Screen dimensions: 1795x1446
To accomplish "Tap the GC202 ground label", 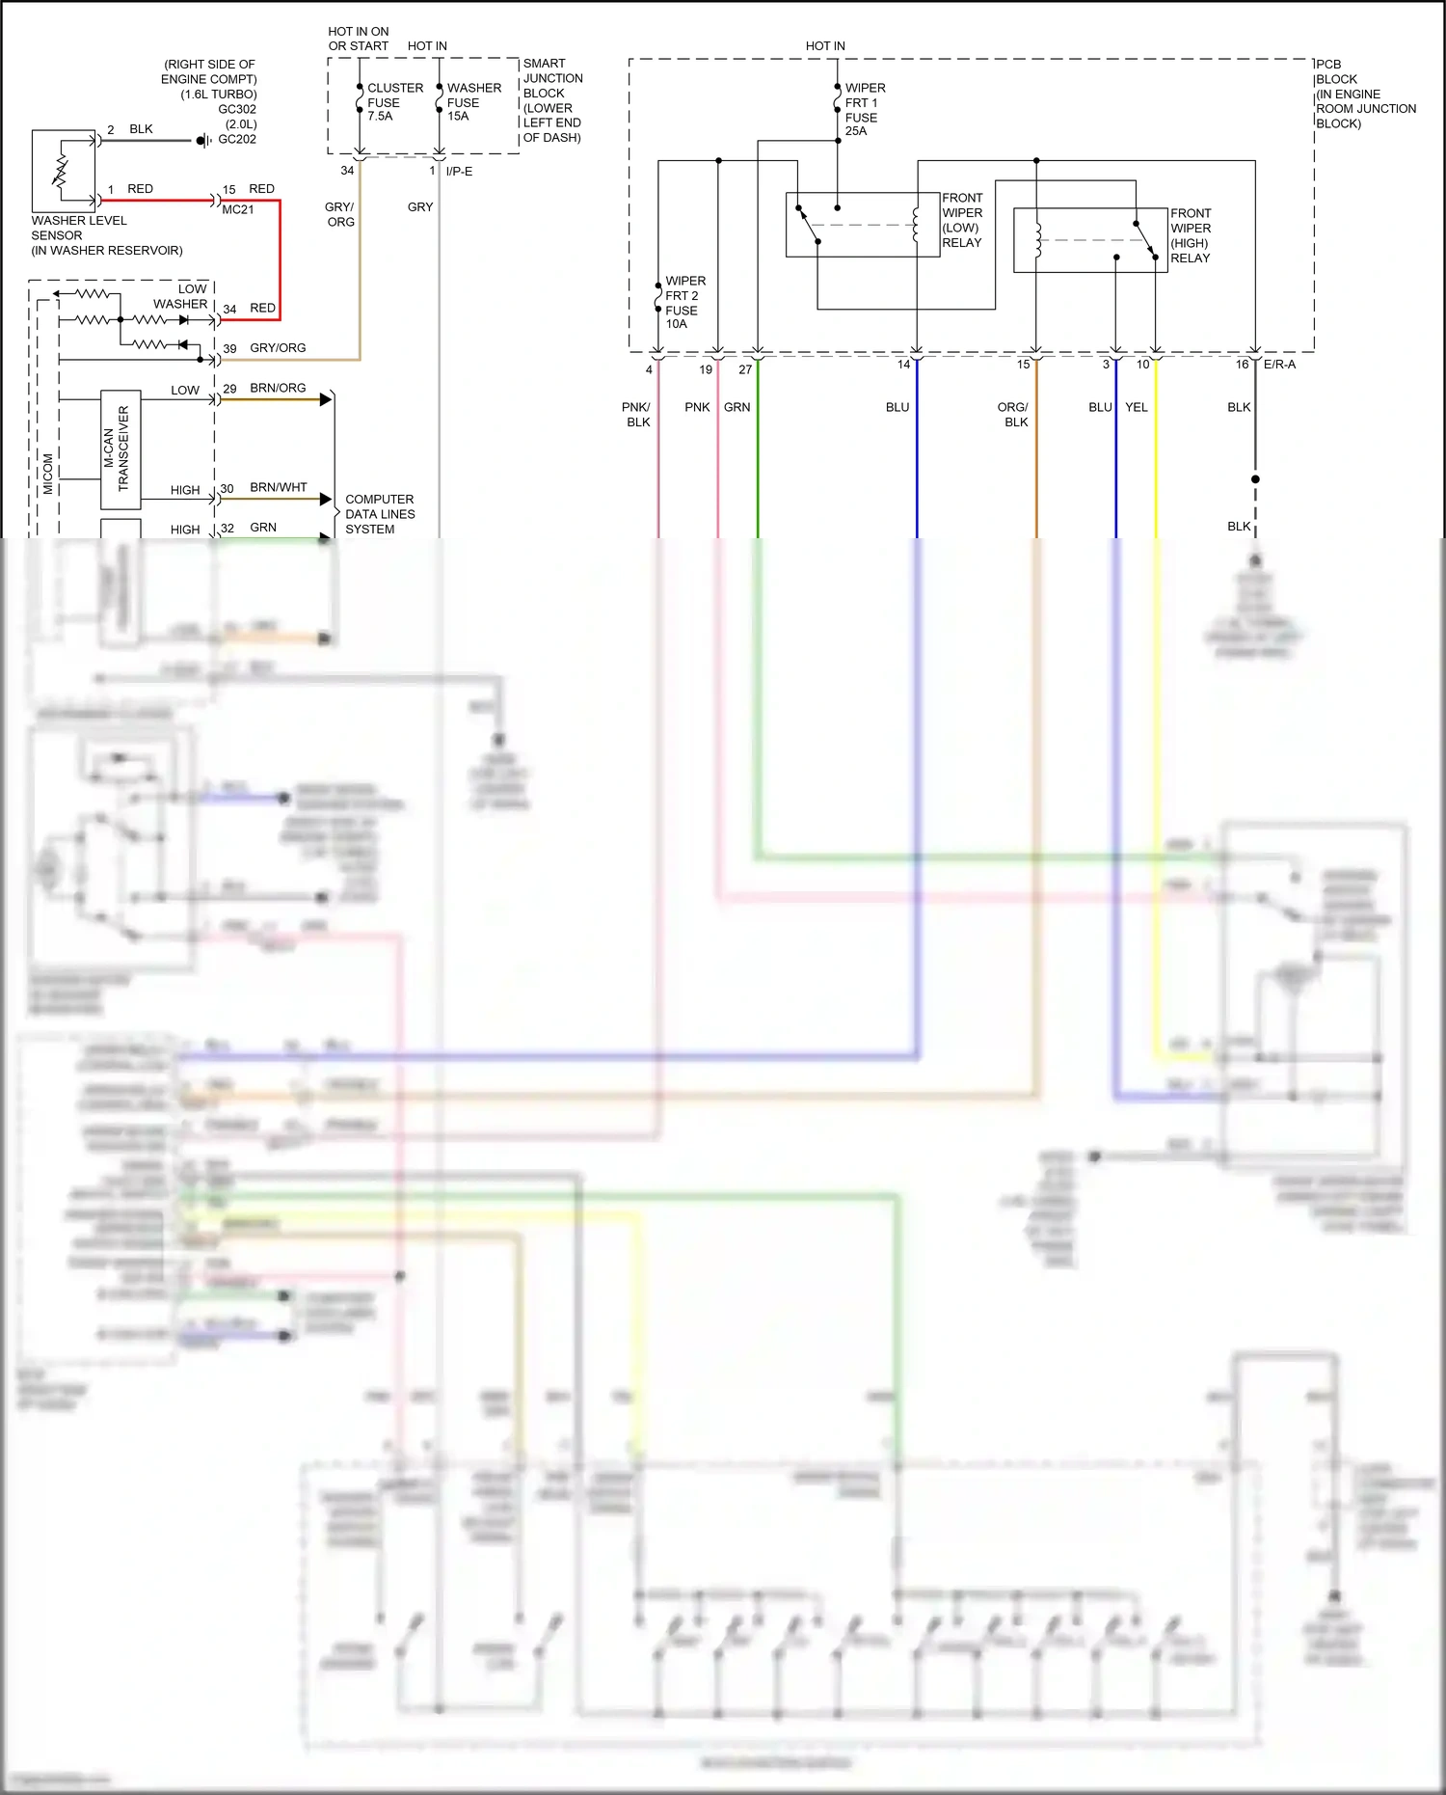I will [x=237, y=139].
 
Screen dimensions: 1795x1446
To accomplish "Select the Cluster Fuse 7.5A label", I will [x=395, y=101].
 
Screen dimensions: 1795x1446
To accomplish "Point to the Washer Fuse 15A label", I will [x=473, y=101].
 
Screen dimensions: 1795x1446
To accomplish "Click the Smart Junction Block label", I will [x=552, y=100].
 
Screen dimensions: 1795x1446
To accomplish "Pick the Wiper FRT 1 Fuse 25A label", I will [x=865, y=109].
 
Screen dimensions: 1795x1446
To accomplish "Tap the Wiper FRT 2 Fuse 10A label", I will [x=684, y=302].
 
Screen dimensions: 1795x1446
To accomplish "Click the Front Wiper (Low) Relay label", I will [x=962, y=220].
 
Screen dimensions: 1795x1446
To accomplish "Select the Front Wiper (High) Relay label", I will [x=1191, y=235].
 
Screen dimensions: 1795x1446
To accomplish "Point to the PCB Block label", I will [x=1365, y=94].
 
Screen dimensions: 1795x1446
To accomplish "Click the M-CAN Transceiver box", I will [x=121, y=449].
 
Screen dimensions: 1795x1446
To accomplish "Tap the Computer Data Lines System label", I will [x=380, y=514].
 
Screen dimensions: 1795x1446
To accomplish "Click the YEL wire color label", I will [x=1137, y=407].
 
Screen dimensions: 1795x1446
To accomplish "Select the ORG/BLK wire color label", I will [x=1013, y=415].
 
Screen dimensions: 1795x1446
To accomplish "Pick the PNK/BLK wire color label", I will [x=636, y=415].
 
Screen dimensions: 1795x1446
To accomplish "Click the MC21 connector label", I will [x=238, y=209].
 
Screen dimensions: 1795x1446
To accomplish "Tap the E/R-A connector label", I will [x=1279, y=365].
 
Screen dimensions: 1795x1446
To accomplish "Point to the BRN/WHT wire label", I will [x=279, y=487].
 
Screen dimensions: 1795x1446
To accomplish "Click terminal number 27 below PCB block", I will [x=745, y=369].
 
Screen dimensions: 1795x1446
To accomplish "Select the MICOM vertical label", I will [x=48, y=474].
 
